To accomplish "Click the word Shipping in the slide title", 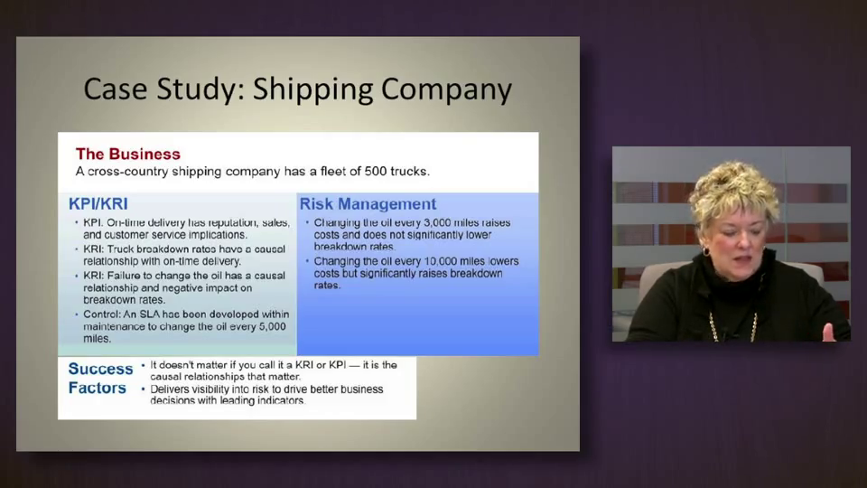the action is coord(313,90).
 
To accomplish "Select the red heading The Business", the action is coord(128,154).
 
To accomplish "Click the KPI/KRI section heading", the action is coord(98,203).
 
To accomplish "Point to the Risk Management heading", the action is coord(368,203).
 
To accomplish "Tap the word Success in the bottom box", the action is coord(100,369).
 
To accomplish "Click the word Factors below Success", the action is coord(98,388).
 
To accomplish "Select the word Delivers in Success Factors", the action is coord(169,389).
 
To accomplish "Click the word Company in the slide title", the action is coord(447,90).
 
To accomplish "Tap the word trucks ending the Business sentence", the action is coord(410,171).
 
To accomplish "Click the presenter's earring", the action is coord(706,252).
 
